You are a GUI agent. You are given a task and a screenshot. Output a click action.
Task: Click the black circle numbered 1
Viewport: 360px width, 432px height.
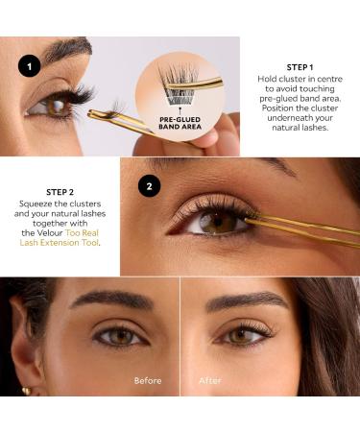point(32,65)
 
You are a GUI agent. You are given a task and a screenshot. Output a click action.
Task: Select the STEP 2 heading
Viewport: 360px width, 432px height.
point(60,191)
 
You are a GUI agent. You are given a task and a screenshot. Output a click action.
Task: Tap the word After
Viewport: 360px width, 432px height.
point(209,380)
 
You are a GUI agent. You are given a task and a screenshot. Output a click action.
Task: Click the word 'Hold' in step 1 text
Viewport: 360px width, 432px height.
point(274,79)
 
